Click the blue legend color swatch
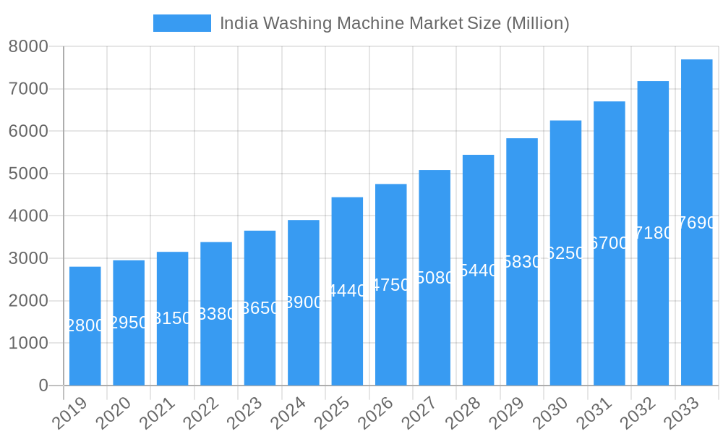(x=182, y=23)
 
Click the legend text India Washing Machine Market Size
(x=394, y=23)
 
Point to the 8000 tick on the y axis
(x=28, y=46)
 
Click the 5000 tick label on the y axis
(x=28, y=174)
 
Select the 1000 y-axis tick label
(x=28, y=343)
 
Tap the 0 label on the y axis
(x=43, y=386)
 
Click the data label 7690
(x=696, y=223)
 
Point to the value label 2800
(x=85, y=325)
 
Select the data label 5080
(x=435, y=278)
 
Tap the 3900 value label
(x=304, y=302)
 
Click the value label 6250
(x=565, y=253)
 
